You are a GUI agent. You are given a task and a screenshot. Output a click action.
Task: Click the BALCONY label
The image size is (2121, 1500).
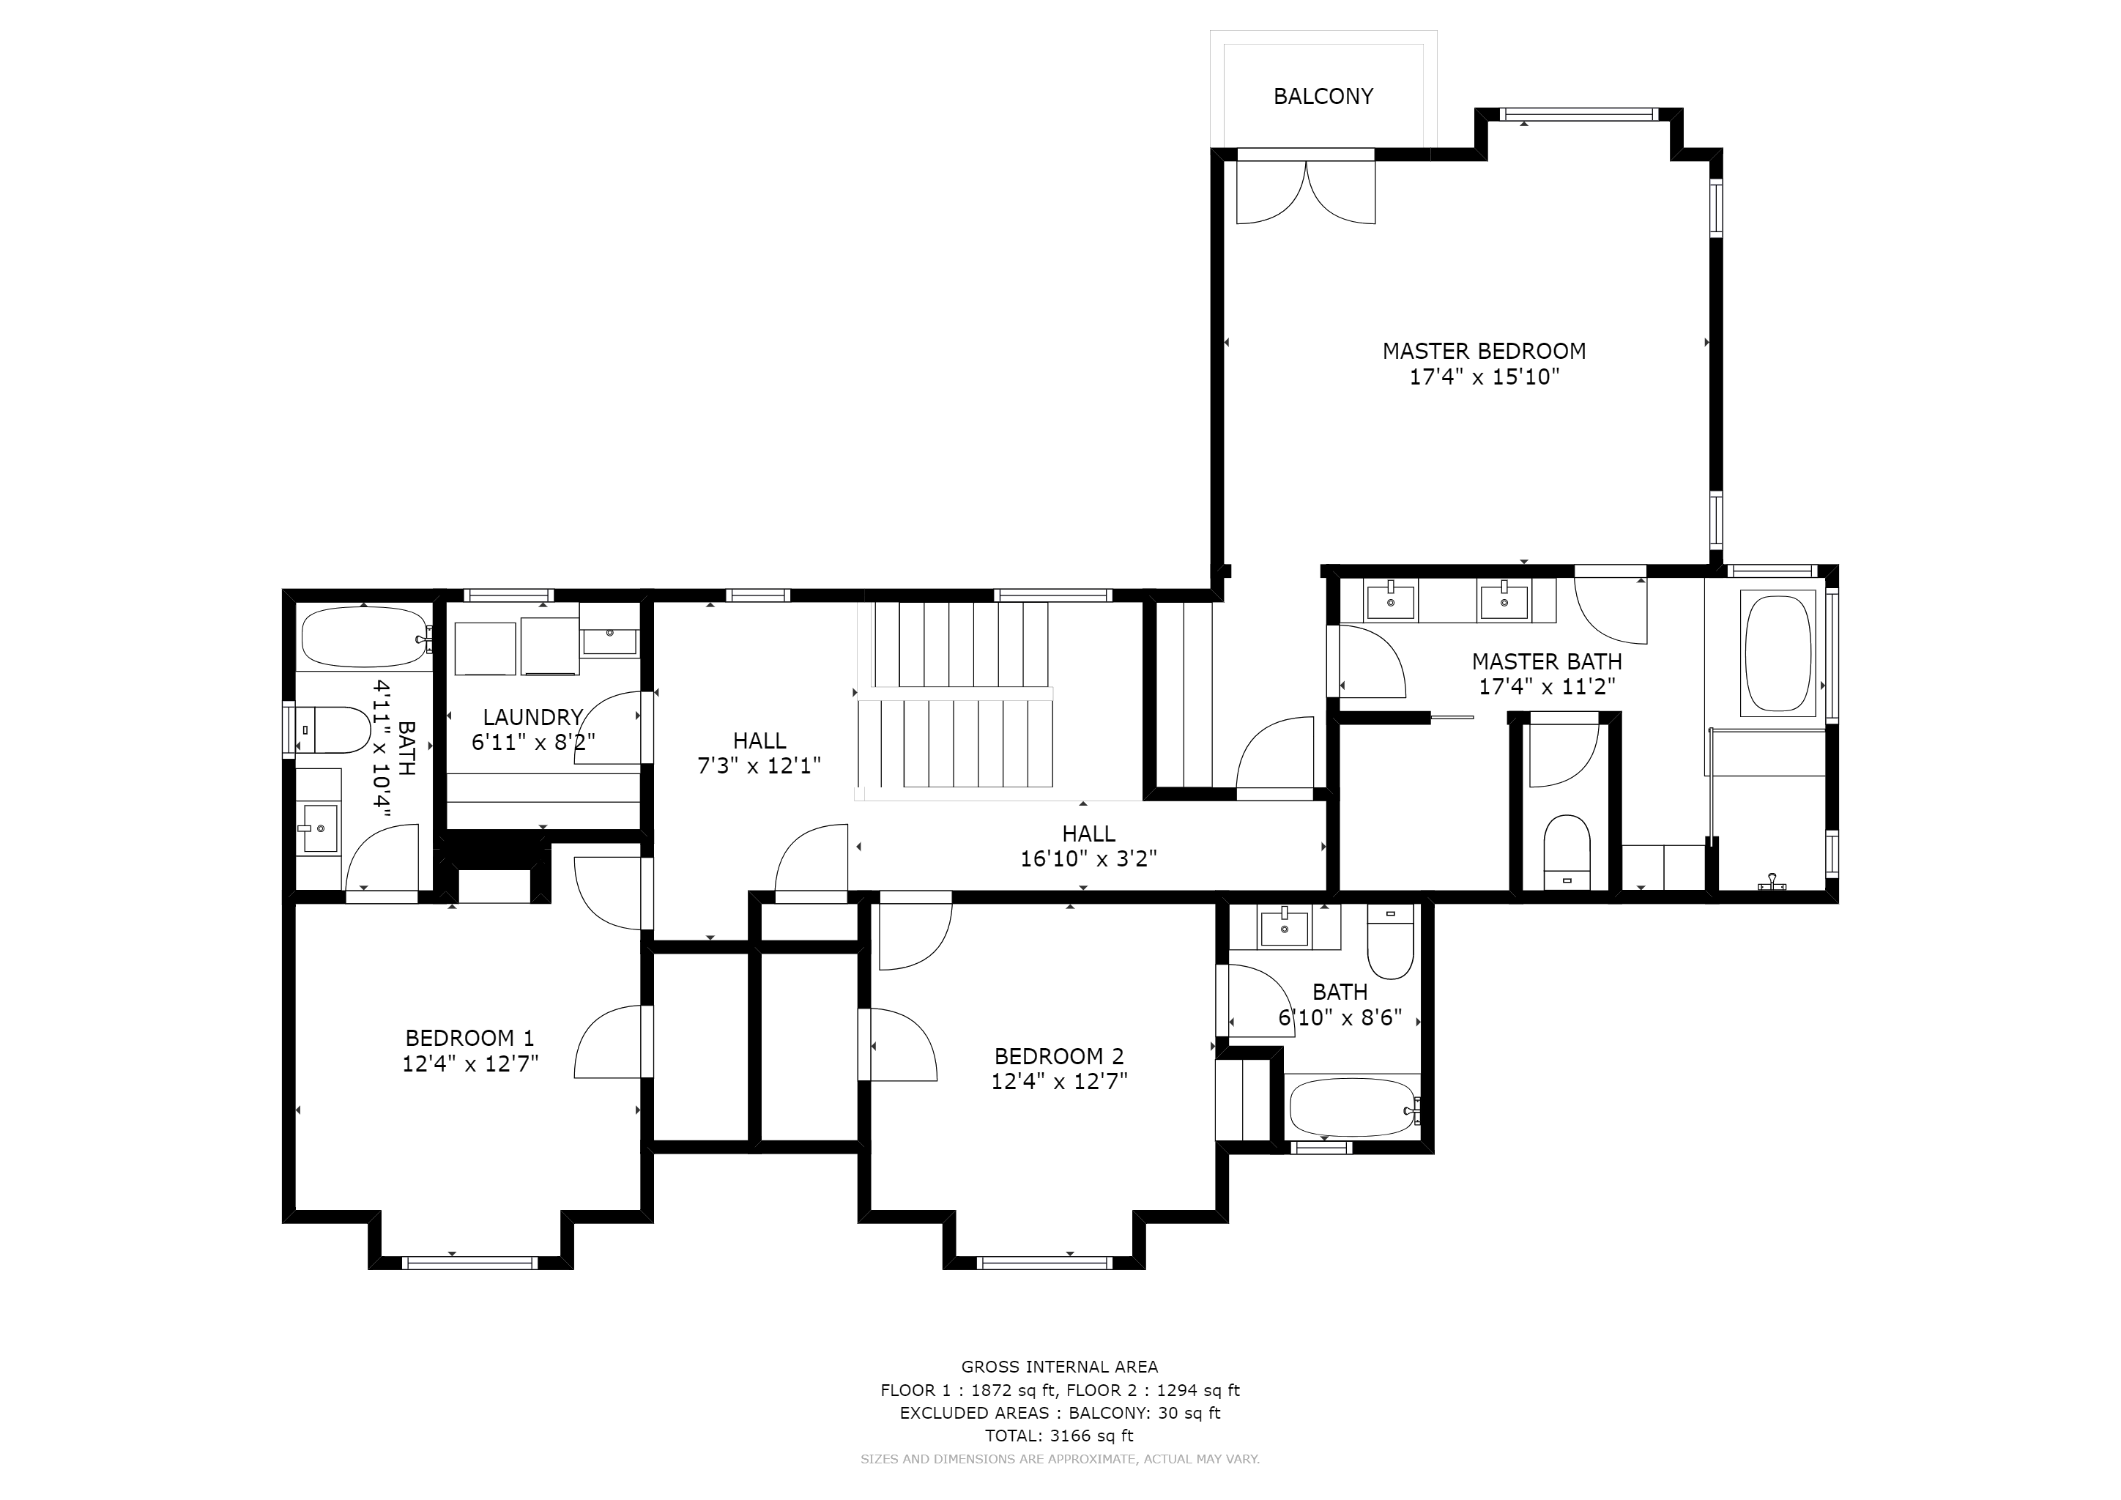pos(1323,96)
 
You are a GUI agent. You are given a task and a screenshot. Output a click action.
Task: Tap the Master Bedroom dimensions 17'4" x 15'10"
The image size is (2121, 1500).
pos(1484,377)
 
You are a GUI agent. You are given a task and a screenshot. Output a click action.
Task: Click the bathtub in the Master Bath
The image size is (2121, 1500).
pos(1778,654)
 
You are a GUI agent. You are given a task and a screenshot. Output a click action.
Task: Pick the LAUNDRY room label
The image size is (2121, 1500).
pos(532,717)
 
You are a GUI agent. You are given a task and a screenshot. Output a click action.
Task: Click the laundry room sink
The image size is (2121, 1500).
pos(609,633)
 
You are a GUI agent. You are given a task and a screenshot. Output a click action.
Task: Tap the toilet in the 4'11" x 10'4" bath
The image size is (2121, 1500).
pos(333,729)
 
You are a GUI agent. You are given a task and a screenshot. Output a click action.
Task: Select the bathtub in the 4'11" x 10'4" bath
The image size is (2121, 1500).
pos(365,636)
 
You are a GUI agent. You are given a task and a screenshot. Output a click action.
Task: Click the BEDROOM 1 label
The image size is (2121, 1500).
pos(469,1038)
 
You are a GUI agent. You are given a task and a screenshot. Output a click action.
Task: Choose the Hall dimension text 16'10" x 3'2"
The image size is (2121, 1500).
pos(1088,859)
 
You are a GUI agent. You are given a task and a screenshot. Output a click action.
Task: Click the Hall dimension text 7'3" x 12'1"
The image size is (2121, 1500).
pos(759,765)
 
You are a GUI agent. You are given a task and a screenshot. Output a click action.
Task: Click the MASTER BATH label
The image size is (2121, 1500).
pos(1546,661)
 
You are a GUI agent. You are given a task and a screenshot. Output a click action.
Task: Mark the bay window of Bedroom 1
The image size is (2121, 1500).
pos(470,1262)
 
